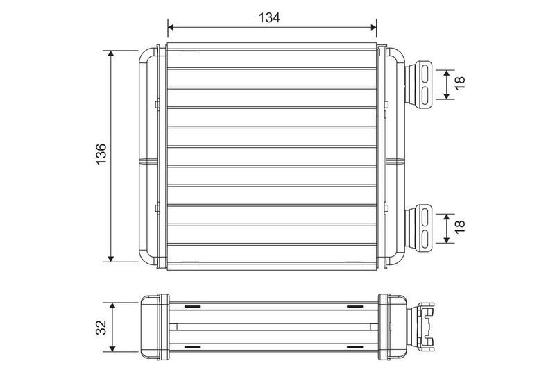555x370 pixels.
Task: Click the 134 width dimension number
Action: (x=269, y=17)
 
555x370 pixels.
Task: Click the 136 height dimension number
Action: (x=101, y=154)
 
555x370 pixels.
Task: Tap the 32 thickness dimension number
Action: (x=101, y=327)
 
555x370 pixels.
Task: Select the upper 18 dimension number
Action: (x=460, y=83)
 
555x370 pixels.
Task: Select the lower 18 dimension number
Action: (x=460, y=226)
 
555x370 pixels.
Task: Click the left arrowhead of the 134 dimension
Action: (x=171, y=27)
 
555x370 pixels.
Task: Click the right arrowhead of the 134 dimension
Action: (x=373, y=27)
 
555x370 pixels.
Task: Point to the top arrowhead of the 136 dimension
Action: (x=111, y=54)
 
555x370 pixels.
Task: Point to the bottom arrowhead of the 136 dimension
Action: (x=111, y=258)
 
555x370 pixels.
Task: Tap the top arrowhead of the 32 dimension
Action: (x=112, y=306)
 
